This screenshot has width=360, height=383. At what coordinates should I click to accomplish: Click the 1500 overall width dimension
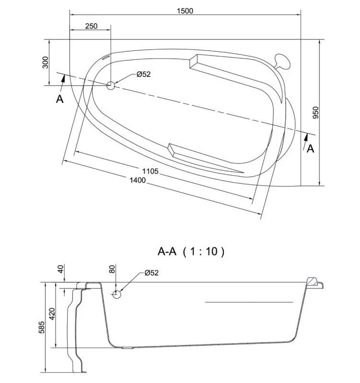pyautogui.click(x=185, y=11)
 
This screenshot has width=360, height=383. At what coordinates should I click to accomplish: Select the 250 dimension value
pyautogui.click(x=92, y=26)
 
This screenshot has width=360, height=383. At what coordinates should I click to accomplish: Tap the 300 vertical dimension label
pyautogui.click(x=46, y=62)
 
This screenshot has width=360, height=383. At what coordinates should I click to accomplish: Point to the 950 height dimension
pyautogui.click(x=315, y=112)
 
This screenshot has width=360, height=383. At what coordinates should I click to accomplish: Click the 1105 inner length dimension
pyautogui.click(x=151, y=171)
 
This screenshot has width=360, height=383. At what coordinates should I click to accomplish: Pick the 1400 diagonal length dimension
pyautogui.click(x=138, y=180)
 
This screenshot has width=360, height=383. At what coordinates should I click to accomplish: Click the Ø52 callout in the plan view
pyautogui.click(x=144, y=74)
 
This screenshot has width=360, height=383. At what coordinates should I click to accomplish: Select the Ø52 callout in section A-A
pyautogui.click(x=151, y=273)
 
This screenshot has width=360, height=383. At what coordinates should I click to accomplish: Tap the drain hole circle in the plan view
pyautogui.click(x=111, y=85)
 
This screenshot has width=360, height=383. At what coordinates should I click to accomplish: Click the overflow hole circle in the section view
pyautogui.click(x=116, y=295)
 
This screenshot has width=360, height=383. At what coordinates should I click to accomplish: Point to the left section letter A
pyautogui.click(x=60, y=99)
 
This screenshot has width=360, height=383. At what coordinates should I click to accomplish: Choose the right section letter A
pyautogui.click(x=310, y=149)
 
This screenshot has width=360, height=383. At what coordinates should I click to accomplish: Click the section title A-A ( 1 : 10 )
pyautogui.click(x=191, y=251)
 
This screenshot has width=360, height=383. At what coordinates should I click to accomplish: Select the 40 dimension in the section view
pyautogui.click(x=60, y=269)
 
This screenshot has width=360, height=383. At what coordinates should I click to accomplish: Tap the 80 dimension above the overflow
pyautogui.click(x=112, y=269)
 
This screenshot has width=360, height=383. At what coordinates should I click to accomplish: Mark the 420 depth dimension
pyautogui.click(x=52, y=314)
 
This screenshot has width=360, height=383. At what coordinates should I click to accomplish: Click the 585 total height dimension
pyautogui.click(x=42, y=327)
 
